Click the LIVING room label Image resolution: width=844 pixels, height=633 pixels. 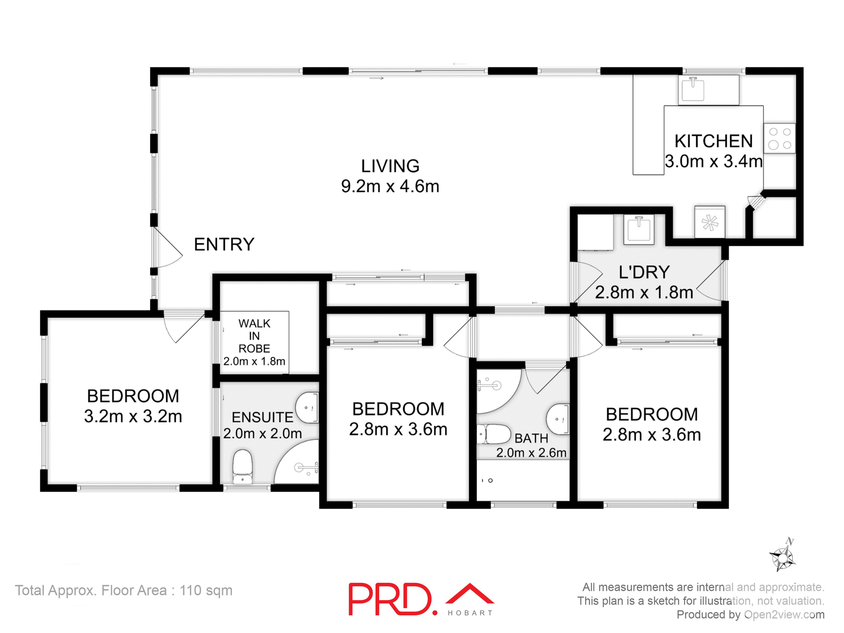390,167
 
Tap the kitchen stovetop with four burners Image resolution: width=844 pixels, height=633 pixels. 780,138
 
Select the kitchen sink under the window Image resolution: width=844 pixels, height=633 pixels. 693,89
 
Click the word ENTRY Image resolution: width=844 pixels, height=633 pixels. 224,244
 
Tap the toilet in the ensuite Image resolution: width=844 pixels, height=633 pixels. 242,466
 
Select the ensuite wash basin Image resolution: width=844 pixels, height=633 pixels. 307,408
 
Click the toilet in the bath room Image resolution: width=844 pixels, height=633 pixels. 495,434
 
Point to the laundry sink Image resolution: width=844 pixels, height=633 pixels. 639,229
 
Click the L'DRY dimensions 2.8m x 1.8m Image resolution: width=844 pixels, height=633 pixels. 644,292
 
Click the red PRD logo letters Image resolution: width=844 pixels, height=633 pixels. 389,599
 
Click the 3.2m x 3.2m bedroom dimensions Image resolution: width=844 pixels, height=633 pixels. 133,416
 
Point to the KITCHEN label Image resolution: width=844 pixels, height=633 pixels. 713,141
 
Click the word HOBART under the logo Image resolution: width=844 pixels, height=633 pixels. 470,613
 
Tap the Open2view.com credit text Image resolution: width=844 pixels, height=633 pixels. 784,615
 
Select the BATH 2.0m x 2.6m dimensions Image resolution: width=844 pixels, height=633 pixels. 531,453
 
